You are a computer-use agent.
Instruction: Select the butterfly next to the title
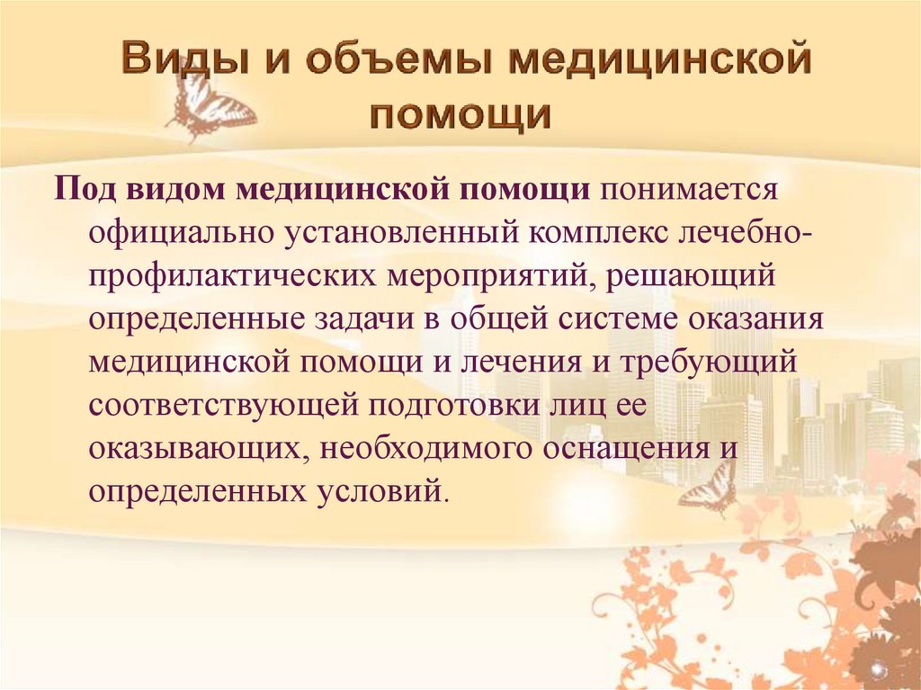210,107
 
